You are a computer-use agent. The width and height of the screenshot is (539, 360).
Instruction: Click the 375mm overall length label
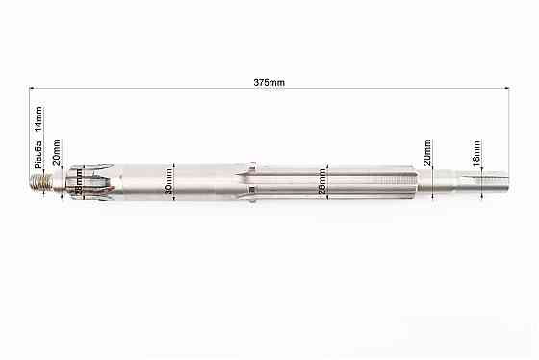pyautogui.click(x=269, y=83)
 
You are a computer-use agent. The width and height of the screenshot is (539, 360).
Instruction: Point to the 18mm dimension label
pyautogui.click(x=475, y=150)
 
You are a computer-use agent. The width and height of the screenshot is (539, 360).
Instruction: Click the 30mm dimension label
pyautogui.click(x=169, y=180)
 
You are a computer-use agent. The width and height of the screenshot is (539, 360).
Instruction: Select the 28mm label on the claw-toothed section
pyautogui.click(x=79, y=180)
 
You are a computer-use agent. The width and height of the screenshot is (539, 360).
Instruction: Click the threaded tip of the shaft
pyautogui.click(x=39, y=180)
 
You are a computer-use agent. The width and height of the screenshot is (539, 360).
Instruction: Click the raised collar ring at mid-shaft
pyautogui.click(x=250, y=180)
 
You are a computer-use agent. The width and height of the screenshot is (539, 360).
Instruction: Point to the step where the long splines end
pyautogui.click(x=416, y=180)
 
